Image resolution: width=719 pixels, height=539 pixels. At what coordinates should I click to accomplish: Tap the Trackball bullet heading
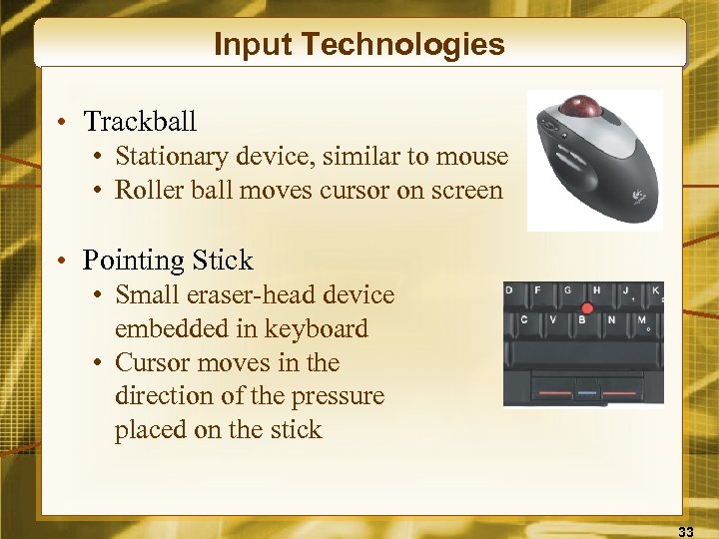[140, 122]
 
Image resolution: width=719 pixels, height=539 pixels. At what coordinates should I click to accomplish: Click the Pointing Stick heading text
[168, 261]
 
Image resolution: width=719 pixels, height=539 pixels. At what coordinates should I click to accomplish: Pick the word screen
[467, 190]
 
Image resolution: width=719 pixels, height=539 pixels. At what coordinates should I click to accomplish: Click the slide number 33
[686, 529]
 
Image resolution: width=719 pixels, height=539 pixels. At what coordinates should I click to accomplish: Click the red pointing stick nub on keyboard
[585, 308]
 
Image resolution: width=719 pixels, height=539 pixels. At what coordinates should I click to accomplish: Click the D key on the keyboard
[510, 291]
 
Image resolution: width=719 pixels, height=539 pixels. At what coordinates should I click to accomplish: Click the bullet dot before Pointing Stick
[62, 262]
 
